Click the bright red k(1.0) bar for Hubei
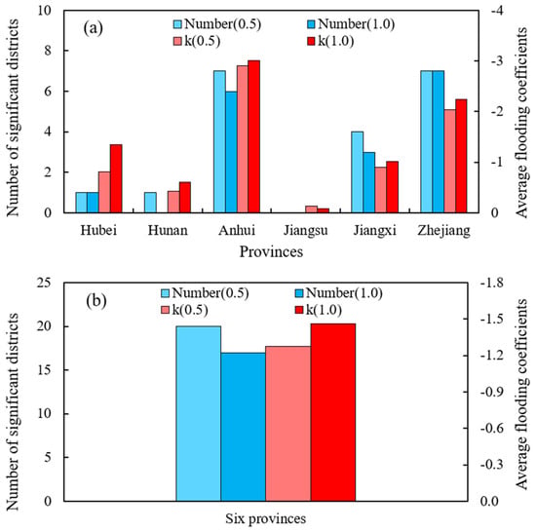(x=116, y=178)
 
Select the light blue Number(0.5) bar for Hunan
(x=150, y=203)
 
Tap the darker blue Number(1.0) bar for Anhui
(x=231, y=152)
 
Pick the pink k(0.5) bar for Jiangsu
(x=312, y=209)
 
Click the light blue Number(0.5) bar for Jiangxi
(x=358, y=172)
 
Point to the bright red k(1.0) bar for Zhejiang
(x=461, y=156)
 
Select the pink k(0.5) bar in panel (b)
(x=288, y=424)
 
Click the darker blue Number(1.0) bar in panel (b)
(x=243, y=427)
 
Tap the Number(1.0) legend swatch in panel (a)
(x=311, y=24)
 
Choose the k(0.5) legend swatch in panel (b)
(x=166, y=310)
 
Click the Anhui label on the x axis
(x=237, y=230)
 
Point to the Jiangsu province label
(x=306, y=231)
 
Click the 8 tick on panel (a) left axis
(x=47, y=51)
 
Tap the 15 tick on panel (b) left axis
(x=44, y=370)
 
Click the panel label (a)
(x=93, y=28)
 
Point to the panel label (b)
(x=96, y=301)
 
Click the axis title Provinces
(x=271, y=252)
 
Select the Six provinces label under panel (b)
(x=266, y=518)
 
